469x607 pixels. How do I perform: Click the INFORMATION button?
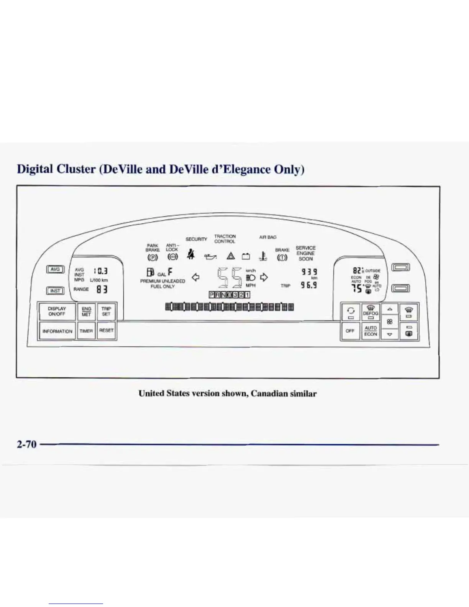tap(57, 331)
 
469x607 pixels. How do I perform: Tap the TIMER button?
tap(86, 331)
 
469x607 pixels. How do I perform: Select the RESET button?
tap(106, 330)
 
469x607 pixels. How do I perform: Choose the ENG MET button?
tap(86, 311)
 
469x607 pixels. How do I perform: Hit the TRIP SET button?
tap(106, 311)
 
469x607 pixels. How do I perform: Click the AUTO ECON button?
tap(371, 331)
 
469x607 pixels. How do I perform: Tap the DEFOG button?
tap(371, 312)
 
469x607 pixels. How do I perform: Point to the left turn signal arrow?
tap(195, 277)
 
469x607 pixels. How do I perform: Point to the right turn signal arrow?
tap(264, 277)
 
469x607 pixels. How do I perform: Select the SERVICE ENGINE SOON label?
tap(305, 253)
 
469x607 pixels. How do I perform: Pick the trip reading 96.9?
tap(308, 285)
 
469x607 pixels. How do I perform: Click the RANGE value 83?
tap(102, 289)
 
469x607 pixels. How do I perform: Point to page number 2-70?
tap(26, 444)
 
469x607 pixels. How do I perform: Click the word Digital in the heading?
tap(37, 169)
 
